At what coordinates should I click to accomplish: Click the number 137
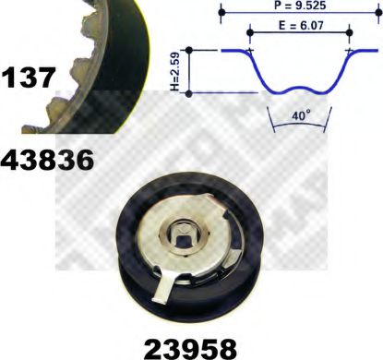[29, 78]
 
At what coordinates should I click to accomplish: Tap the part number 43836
[47, 160]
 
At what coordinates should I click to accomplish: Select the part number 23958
[191, 349]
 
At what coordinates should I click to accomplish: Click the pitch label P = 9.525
[300, 5]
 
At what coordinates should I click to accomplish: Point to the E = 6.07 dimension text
[301, 25]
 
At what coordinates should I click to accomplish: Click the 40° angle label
[301, 116]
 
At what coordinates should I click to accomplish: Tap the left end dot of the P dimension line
[221, 12]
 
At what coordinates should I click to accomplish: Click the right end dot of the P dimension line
[378, 12]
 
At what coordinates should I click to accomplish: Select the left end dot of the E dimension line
[250, 32]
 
